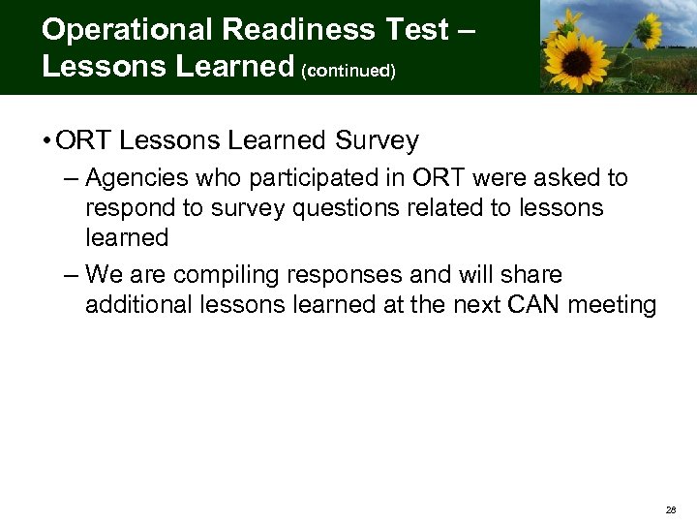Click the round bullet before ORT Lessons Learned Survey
tap(46, 141)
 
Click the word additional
tap(136, 305)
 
